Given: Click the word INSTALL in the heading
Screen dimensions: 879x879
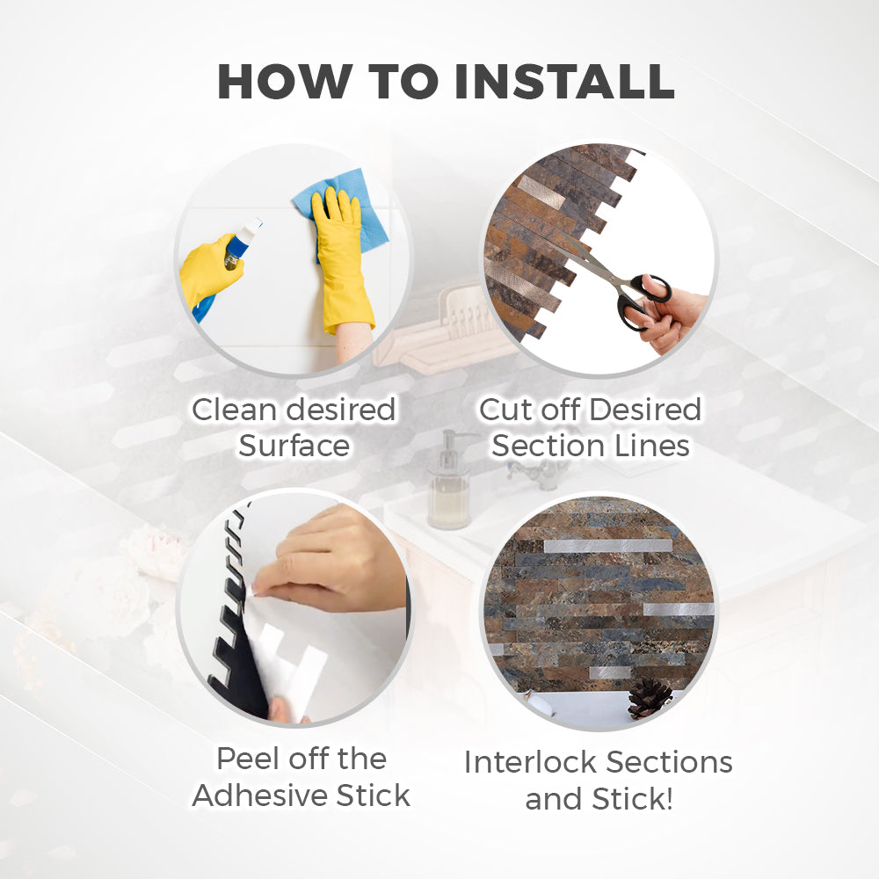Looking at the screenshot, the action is pyautogui.click(x=564, y=82).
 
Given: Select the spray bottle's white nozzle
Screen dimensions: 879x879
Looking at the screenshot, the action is pyautogui.click(x=254, y=229).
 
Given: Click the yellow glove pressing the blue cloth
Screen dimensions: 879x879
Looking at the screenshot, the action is pyautogui.click(x=341, y=258).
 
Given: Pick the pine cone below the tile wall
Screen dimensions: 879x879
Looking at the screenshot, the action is pyautogui.click(x=650, y=698).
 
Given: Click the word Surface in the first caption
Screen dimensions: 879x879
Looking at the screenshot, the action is pyautogui.click(x=294, y=447).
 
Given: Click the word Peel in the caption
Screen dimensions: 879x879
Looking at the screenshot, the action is pyautogui.click(x=248, y=759).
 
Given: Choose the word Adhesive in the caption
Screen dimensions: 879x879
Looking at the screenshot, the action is pyautogui.click(x=259, y=795).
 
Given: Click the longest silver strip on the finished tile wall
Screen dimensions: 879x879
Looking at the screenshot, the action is pyautogui.click(x=608, y=546).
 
